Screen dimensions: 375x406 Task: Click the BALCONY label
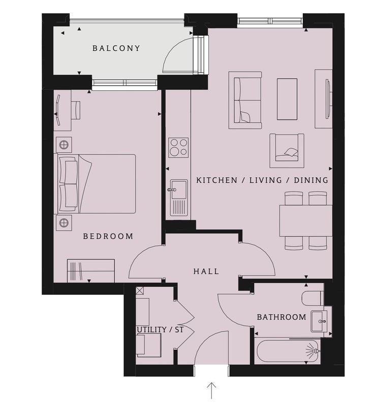tap(116, 48)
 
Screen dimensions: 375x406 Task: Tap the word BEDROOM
tap(108, 236)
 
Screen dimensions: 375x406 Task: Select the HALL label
tap(206, 272)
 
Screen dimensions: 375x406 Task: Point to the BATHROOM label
tap(282, 317)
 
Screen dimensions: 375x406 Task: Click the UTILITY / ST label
tap(160, 329)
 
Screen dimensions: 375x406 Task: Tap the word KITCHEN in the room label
tap(217, 180)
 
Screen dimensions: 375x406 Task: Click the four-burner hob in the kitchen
tap(178, 148)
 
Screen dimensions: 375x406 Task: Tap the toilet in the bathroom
tap(313, 298)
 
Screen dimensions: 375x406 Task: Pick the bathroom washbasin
tap(319, 321)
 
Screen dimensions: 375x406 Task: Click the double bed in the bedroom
tap(95, 184)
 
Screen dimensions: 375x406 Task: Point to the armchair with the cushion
tap(287, 151)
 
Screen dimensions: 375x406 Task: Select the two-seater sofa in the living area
tap(245, 100)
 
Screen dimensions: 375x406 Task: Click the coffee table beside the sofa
tap(287, 99)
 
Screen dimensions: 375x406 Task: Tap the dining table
tap(306, 221)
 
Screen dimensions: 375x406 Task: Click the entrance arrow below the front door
tap(211, 390)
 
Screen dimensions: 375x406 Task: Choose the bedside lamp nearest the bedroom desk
tap(64, 145)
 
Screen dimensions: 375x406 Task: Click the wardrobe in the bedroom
tap(91, 270)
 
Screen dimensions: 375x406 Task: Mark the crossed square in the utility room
tap(140, 291)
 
